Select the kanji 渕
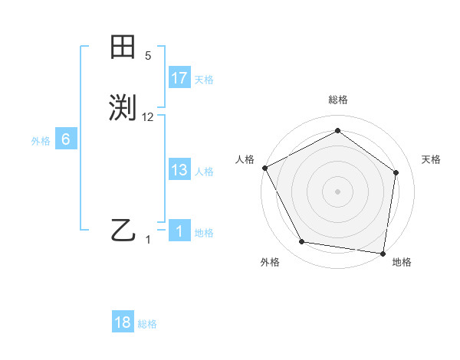[x=123, y=108]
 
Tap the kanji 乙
[x=123, y=229]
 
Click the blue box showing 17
[x=179, y=78]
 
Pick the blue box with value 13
[x=179, y=170]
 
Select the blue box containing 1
[x=179, y=231]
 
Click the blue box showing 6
[x=66, y=139]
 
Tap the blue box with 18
[x=123, y=322]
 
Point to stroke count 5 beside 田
[x=148, y=56]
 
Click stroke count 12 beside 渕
[x=148, y=116]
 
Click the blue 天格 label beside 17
[x=204, y=80]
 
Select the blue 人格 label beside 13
[x=204, y=172]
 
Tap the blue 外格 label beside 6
[x=41, y=141]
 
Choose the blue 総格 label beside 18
[x=147, y=324]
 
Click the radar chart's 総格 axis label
[x=337, y=100]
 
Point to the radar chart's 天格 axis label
[x=431, y=159]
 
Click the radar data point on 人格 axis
[x=264, y=167]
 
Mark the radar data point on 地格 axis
[x=383, y=253]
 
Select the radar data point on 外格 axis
[x=302, y=242]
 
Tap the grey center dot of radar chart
[x=337, y=191]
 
